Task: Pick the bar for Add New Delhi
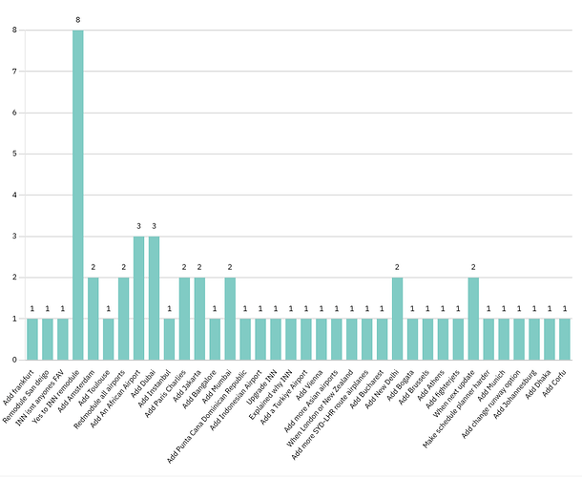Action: coord(397,319)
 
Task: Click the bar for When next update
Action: coord(473,319)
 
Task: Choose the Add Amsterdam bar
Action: coord(94,319)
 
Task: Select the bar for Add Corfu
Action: coord(564,339)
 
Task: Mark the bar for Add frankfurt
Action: coord(32,339)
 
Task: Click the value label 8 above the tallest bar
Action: coord(78,19)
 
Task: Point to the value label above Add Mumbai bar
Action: coord(230,267)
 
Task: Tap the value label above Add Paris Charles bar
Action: coord(184,267)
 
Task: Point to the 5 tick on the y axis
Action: coord(14,154)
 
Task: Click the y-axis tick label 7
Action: coord(14,72)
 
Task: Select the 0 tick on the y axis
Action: coord(14,360)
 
